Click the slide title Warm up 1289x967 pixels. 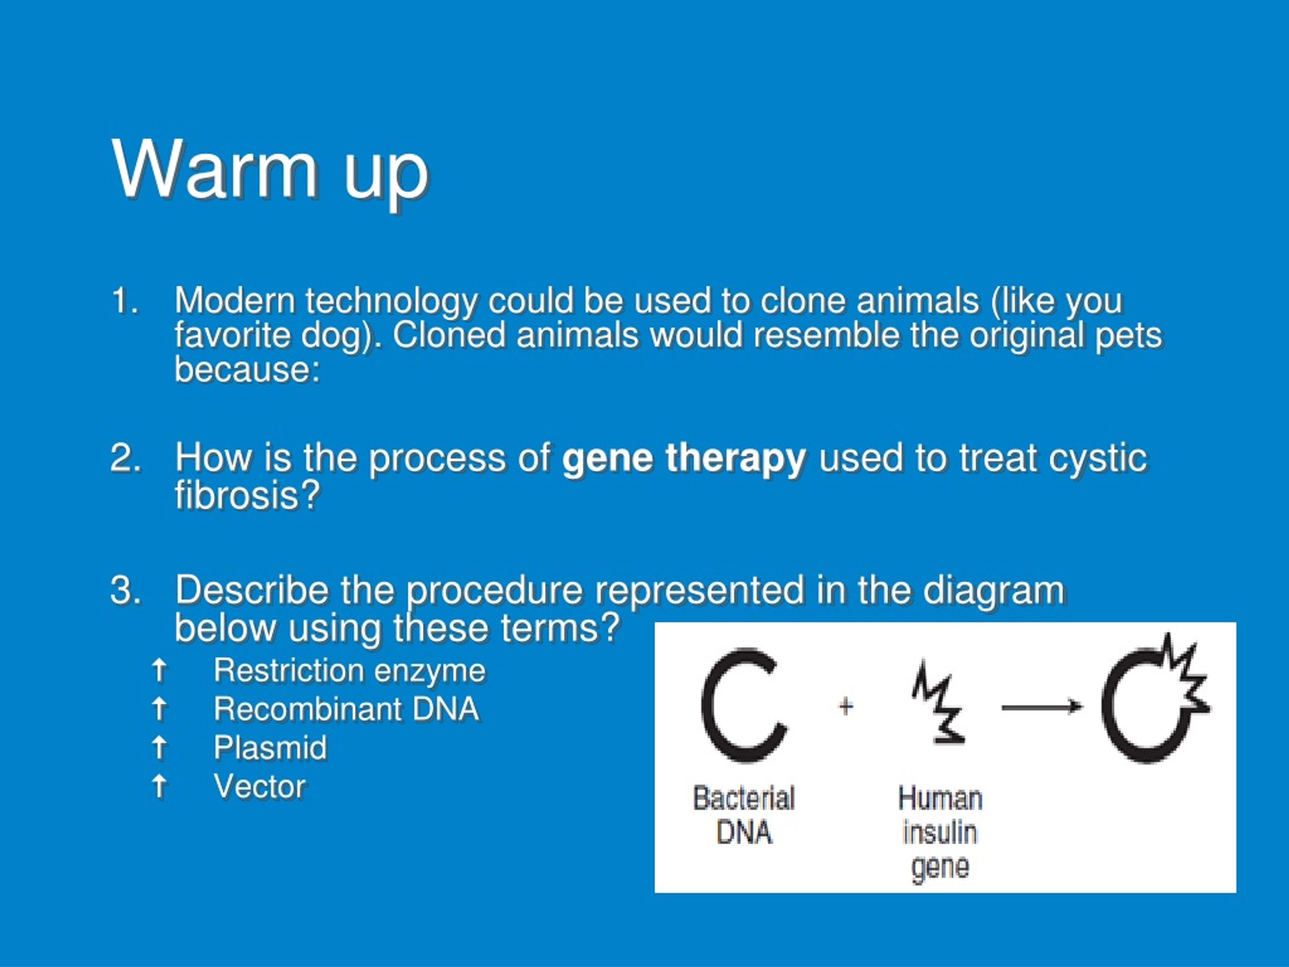point(270,170)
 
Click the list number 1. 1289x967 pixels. point(125,301)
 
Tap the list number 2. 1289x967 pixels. point(125,457)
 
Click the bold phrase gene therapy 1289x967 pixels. point(684,459)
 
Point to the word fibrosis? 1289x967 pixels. point(248,496)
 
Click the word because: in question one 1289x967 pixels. point(248,370)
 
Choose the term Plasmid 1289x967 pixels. point(270,748)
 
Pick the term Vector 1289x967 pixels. point(260,786)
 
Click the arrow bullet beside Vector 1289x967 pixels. point(159,786)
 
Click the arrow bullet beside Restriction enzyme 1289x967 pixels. point(159,670)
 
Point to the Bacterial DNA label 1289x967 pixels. point(744,815)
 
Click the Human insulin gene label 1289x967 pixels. point(940,833)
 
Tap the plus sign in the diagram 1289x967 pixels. point(845,707)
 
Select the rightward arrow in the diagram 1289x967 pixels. point(1042,707)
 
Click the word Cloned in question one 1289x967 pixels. point(449,336)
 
